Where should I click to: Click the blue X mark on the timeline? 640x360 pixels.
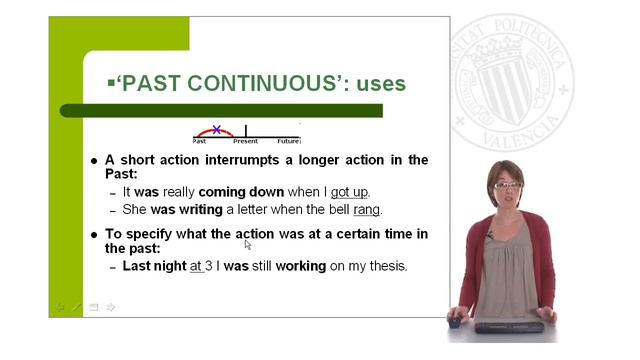[217, 130]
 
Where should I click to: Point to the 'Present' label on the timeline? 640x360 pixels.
[246, 142]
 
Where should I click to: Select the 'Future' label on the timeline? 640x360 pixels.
[289, 142]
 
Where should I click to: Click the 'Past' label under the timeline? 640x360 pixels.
[200, 142]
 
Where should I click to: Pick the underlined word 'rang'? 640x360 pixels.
[367, 210]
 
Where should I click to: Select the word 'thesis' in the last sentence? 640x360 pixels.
[387, 266]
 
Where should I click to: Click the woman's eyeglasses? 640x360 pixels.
[506, 186]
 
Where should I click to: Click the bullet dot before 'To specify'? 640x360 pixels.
[94, 234]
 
